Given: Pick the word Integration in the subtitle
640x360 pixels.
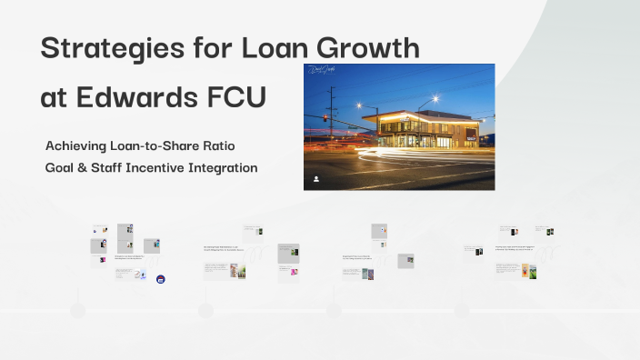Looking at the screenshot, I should pyautogui.click(x=224, y=168).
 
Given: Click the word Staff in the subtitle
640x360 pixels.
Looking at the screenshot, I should pyautogui.click(x=105, y=168).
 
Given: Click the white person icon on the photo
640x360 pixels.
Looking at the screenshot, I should pyautogui.click(x=315, y=179).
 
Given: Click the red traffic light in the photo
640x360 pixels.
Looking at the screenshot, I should pyautogui.click(x=325, y=118).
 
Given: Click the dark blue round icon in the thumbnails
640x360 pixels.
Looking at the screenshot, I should pyautogui.click(x=161, y=279).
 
